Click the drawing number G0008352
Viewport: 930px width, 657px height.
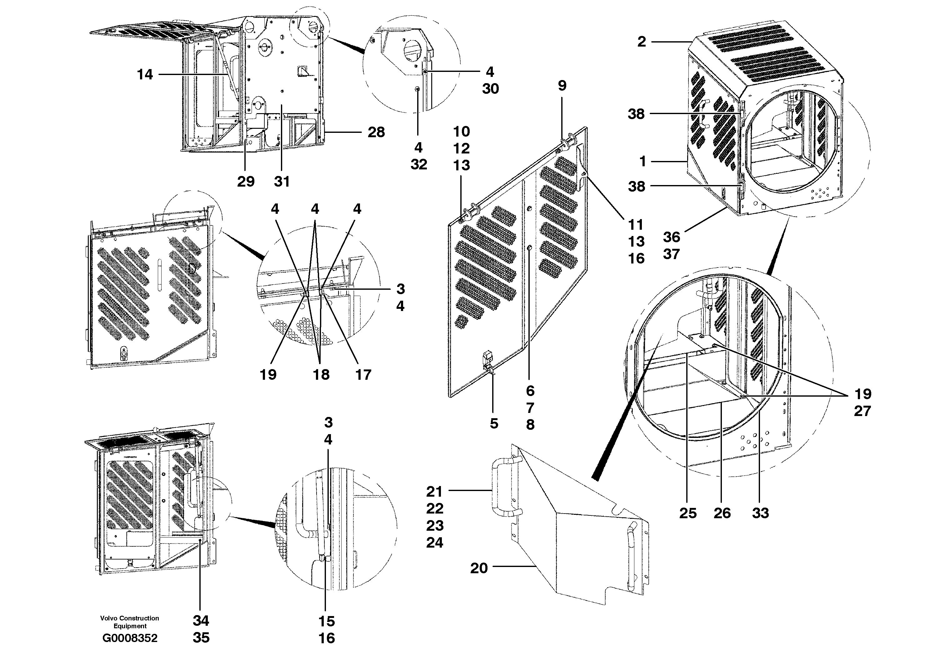pyautogui.click(x=130, y=638)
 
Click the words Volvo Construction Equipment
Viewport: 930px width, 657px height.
pyautogui.click(x=130, y=622)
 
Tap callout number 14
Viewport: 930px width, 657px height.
pyautogui.click(x=145, y=74)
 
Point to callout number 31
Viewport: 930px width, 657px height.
pyautogui.click(x=282, y=182)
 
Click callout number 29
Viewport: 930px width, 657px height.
pyautogui.click(x=245, y=182)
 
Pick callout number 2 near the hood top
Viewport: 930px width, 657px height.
pyautogui.click(x=641, y=41)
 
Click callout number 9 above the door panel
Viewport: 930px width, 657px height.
pyautogui.click(x=562, y=85)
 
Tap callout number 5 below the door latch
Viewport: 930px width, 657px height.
pyautogui.click(x=494, y=423)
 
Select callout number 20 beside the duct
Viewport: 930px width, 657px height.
pyautogui.click(x=479, y=568)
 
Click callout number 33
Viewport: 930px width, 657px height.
pyautogui.click(x=760, y=513)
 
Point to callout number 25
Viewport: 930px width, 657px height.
pyautogui.click(x=688, y=513)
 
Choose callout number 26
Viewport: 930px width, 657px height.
pyautogui.click(x=722, y=513)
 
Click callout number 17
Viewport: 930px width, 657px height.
pyautogui.click(x=363, y=375)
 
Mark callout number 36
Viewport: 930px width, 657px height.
pyautogui.click(x=671, y=237)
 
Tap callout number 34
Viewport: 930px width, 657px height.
pyautogui.click(x=201, y=620)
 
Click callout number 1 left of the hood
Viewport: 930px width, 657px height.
pyautogui.click(x=642, y=162)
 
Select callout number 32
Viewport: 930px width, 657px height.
pyautogui.click(x=418, y=164)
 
